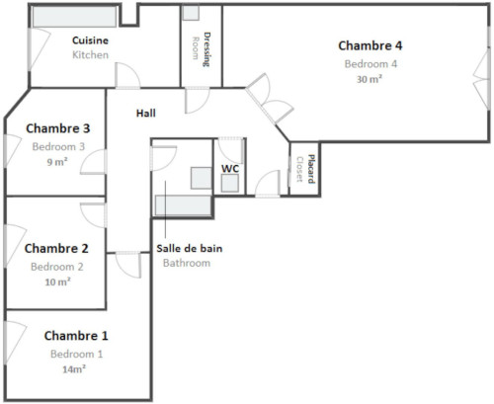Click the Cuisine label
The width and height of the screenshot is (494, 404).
[x=90, y=40]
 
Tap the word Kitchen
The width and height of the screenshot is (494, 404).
[x=90, y=54]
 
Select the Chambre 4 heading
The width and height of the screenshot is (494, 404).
[x=370, y=45]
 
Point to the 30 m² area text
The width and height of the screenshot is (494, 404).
[x=370, y=79]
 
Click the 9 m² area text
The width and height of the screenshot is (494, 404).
[x=57, y=162]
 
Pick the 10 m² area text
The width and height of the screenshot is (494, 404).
[x=57, y=282]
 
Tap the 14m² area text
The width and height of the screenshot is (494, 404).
[x=74, y=369]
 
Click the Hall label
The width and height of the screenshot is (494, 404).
[x=146, y=114]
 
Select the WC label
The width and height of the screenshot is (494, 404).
[x=230, y=169]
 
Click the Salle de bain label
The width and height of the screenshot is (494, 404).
[x=190, y=248]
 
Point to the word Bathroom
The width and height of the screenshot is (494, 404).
[x=187, y=263]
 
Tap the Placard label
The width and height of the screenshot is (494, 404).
[x=311, y=169]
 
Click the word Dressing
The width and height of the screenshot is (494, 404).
[x=206, y=49]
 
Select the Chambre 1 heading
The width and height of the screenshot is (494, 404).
[x=76, y=336]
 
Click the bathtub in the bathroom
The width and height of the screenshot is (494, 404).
[x=183, y=205]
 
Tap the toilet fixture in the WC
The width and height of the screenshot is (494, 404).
[x=230, y=183]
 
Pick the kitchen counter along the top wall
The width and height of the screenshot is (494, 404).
[x=74, y=17]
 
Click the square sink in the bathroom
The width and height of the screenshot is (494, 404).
[x=202, y=178]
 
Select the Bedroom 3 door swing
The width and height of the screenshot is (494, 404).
[x=93, y=162]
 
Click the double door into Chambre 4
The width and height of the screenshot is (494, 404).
[x=270, y=99]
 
